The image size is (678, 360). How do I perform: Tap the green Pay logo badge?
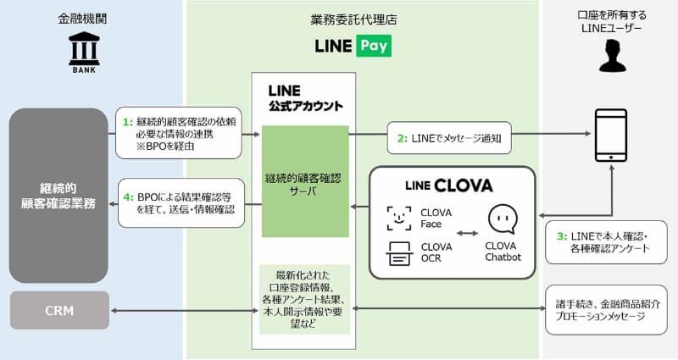[374, 46]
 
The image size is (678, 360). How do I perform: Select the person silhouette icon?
[612, 56]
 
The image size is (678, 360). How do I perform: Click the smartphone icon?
[610, 136]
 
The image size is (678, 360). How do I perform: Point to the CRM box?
[59, 310]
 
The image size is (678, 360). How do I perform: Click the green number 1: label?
[128, 122]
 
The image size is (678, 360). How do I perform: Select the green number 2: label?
[402, 138]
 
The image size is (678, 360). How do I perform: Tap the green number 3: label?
[562, 236]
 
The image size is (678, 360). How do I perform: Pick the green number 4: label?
[129, 197]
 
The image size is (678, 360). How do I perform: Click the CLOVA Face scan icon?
[398, 219]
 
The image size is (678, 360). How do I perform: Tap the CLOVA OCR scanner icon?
[398, 253]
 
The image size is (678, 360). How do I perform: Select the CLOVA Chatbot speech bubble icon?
[503, 219]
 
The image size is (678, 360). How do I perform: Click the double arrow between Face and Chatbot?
[468, 234]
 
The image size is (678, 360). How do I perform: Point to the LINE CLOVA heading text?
[449, 186]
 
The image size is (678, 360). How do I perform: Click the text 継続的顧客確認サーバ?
[303, 185]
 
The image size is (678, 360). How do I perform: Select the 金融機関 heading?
[82, 19]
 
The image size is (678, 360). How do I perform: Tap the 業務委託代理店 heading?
[353, 19]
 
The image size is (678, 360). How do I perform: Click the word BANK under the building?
[84, 70]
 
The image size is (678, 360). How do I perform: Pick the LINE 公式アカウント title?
[305, 98]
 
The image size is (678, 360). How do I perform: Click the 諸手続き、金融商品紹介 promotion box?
[606, 310]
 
